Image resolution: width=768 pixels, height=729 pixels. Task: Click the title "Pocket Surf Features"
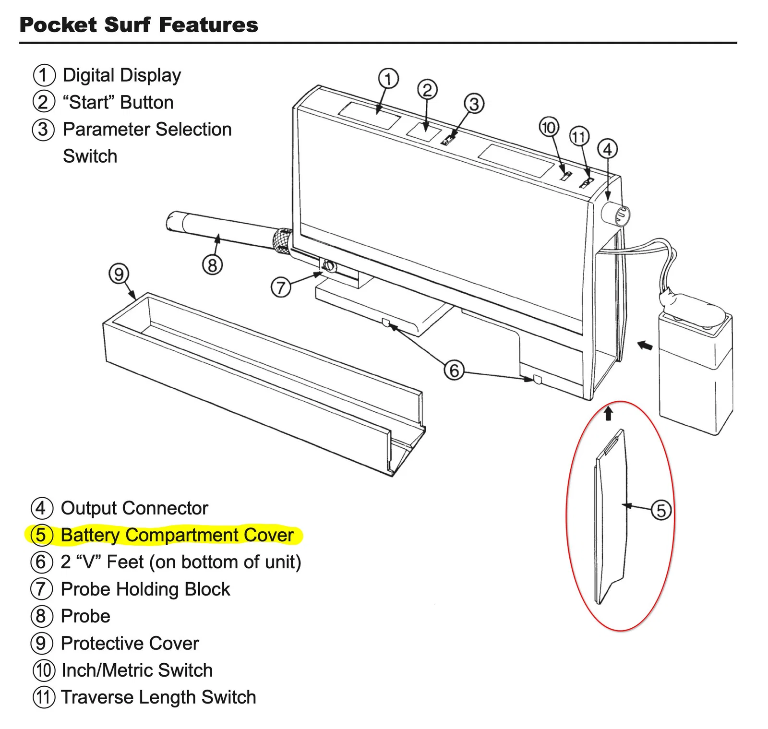(139, 25)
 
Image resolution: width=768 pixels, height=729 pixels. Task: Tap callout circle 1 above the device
(388, 79)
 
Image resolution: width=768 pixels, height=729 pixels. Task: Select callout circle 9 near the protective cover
(119, 274)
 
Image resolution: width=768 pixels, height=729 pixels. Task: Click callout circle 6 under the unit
(454, 370)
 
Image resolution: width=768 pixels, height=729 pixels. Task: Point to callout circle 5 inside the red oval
(661, 510)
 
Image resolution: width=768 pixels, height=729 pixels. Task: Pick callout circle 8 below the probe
(212, 264)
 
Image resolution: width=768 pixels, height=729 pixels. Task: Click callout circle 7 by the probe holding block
(281, 287)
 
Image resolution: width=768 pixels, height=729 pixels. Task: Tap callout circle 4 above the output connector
(607, 149)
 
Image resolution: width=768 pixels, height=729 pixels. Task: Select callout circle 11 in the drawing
(579, 137)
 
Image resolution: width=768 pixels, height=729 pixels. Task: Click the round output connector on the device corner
(617, 215)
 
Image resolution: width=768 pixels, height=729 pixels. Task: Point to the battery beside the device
(696, 370)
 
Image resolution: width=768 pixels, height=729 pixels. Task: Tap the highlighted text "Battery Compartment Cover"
(177, 535)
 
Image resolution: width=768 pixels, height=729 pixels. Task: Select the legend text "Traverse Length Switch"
(158, 697)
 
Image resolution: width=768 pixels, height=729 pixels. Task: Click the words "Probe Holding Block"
(145, 589)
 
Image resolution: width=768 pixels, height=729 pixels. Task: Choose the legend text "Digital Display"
(122, 75)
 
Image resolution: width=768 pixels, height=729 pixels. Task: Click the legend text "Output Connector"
(134, 508)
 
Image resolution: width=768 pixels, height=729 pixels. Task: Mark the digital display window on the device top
(369, 116)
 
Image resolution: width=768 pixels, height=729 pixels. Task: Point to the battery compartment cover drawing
(611, 516)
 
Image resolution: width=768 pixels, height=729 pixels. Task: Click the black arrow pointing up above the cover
(609, 413)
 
